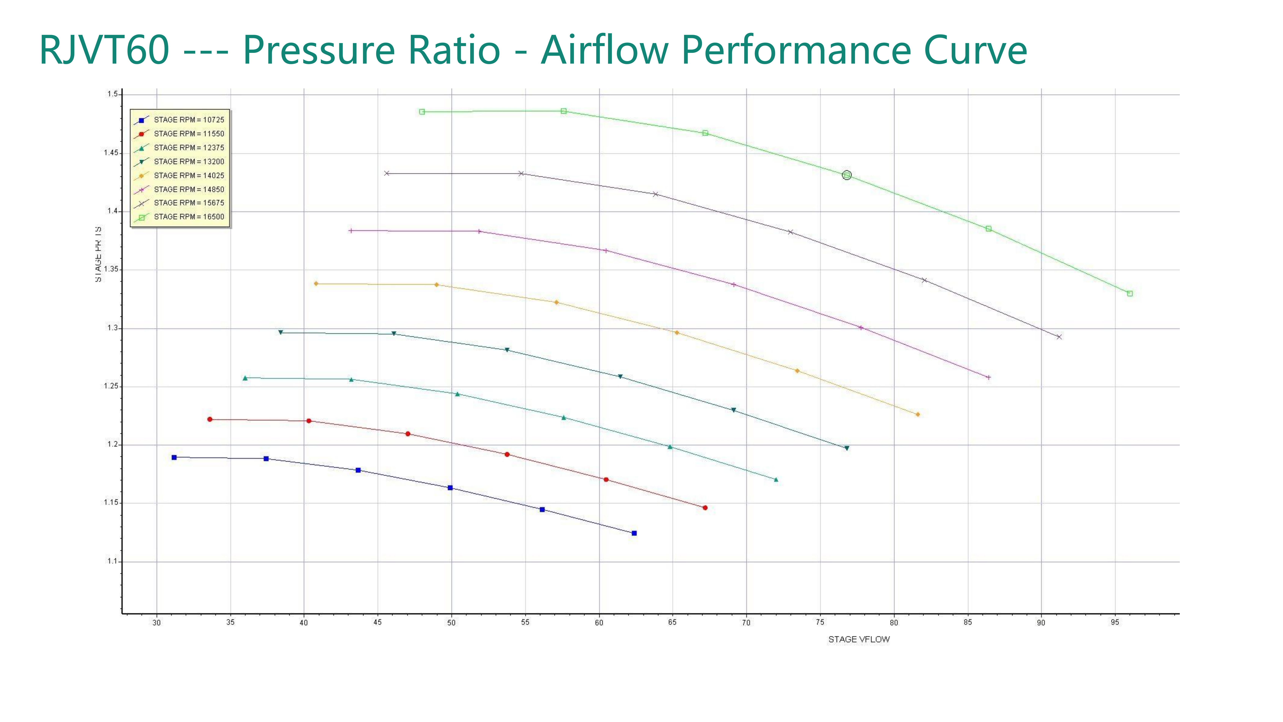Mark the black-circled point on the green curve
point(847,175)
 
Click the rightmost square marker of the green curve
point(1130,293)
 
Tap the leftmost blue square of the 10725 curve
point(174,458)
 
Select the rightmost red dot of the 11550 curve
point(705,508)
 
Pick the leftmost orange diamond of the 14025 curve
point(316,284)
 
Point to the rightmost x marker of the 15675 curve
point(1059,337)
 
